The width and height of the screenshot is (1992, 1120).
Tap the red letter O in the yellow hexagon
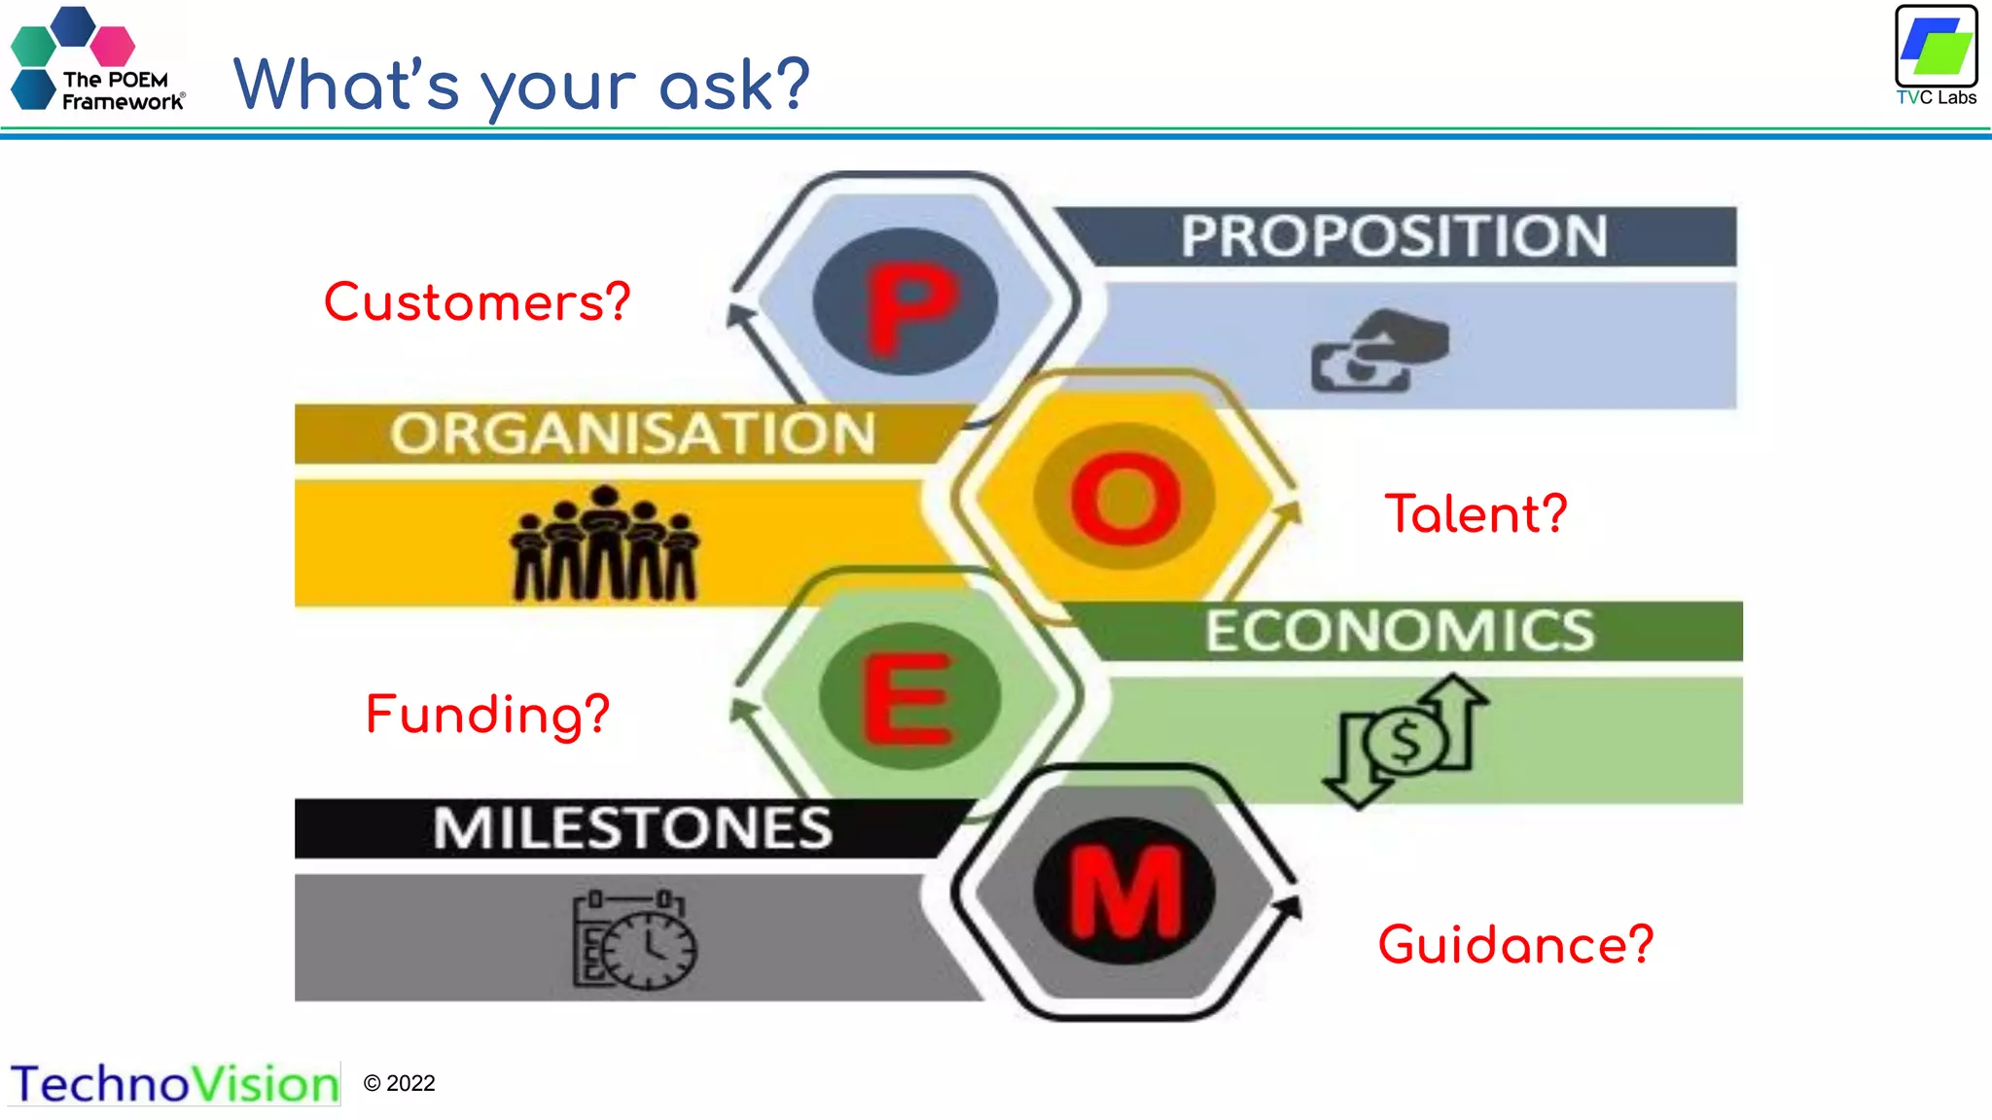tap(1125, 498)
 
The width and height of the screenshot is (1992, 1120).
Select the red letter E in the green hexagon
tap(908, 697)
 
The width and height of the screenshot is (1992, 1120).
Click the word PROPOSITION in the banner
tap(1394, 236)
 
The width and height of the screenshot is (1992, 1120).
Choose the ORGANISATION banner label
tap(633, 434)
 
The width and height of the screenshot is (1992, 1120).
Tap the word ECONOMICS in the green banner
tap(1400, 631)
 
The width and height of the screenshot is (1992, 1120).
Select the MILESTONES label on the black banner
tap(633, 828)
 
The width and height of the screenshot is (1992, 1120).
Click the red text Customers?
tap(477, 302)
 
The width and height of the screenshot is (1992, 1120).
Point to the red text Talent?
tap(1476, 513)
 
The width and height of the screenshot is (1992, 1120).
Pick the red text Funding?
tap(487, 715)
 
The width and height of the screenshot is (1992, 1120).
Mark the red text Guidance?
tap(1515, 944)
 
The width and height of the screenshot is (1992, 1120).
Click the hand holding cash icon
tap(1379, 351)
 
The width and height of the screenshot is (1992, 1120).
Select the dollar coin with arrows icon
tap(1405, 741)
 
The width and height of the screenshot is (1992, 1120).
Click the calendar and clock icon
tap(634, 939)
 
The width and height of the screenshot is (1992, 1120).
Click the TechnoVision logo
tap(175, 1084)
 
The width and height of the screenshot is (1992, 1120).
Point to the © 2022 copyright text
tap(399, 1083)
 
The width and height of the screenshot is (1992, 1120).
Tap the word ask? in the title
tap(734, 86)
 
